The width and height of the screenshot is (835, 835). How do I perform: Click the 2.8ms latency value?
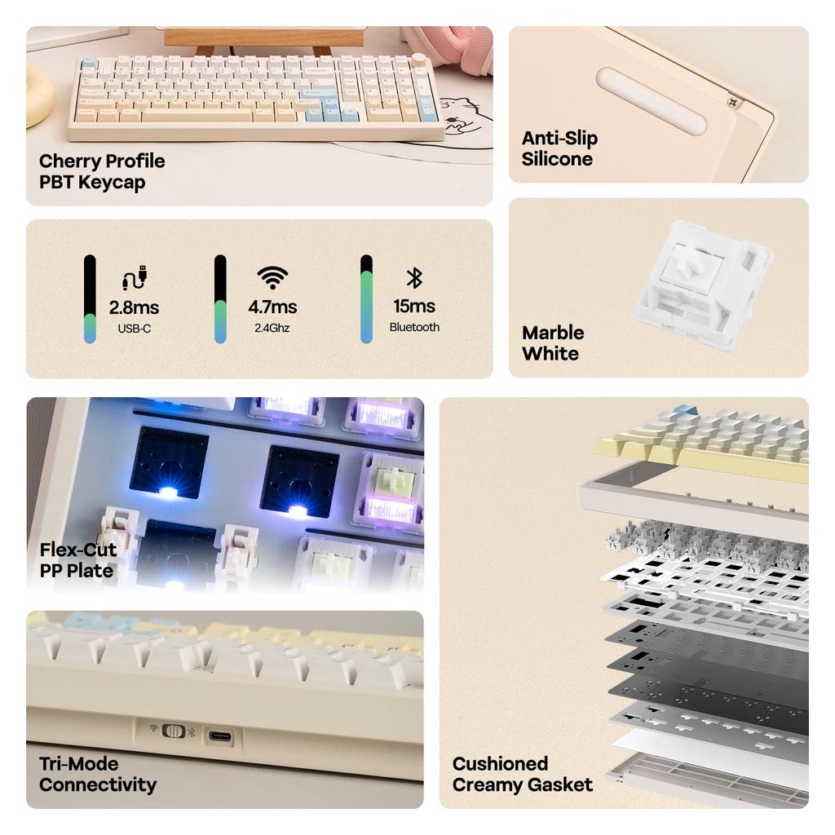point(134,307)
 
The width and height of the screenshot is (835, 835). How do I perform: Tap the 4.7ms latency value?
point(272,307)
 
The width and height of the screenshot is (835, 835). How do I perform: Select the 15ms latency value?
point(414,307)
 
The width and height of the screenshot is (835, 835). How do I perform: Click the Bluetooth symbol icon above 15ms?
point(414,278)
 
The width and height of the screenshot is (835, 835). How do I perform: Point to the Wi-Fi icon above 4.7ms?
point(272,278)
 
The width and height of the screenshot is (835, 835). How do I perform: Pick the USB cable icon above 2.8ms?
point(134,278)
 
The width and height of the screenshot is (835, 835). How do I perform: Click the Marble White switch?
point(702,285)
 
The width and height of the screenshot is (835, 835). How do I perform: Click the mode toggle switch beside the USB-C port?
point(174,731)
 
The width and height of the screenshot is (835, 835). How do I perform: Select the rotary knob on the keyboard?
point(419,60)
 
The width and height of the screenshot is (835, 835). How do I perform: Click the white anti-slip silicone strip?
point(651,101)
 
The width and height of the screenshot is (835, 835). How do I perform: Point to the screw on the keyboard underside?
point(731,101)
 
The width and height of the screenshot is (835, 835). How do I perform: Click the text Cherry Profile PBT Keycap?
point(102,172)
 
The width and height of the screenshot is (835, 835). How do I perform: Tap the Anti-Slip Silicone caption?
point(559,148)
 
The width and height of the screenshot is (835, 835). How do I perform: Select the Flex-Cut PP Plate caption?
point(77,560)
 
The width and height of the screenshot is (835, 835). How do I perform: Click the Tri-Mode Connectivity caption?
point(97,775)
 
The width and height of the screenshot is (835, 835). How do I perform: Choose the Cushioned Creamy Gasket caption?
point(522,775)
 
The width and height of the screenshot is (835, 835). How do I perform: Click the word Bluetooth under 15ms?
point(414,327)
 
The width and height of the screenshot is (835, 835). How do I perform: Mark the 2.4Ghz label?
point(272,328)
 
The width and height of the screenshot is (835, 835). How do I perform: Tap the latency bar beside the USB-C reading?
point(90,298)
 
